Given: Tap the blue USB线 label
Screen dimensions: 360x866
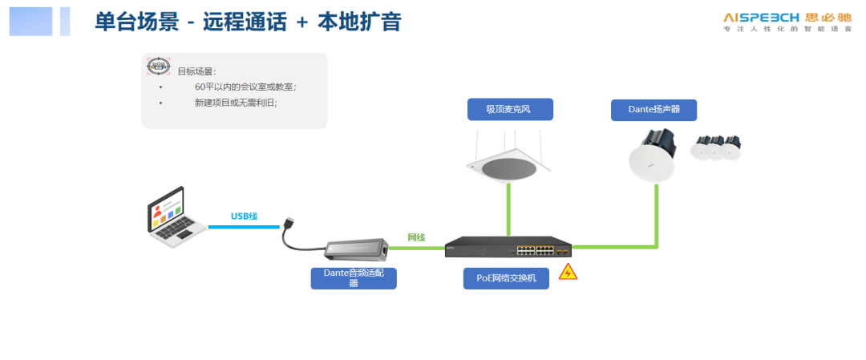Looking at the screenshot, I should click(244, 216).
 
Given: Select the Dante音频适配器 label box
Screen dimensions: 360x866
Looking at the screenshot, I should click(354, 277).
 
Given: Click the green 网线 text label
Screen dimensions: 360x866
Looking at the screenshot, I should click(416, 237).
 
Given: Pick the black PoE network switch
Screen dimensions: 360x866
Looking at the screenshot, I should click(508, 247).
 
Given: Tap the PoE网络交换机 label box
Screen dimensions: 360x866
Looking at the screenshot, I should click(506, 278).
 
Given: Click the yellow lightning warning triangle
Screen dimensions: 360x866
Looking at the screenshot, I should click(568, 272).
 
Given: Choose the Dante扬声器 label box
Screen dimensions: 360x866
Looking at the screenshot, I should click(654, 110).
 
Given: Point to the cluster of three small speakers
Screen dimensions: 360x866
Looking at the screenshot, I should click(718, 147).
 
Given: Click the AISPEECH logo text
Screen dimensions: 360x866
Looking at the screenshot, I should click(760, 16).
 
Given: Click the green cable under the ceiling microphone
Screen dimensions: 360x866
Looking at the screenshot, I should click(508, 210).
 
